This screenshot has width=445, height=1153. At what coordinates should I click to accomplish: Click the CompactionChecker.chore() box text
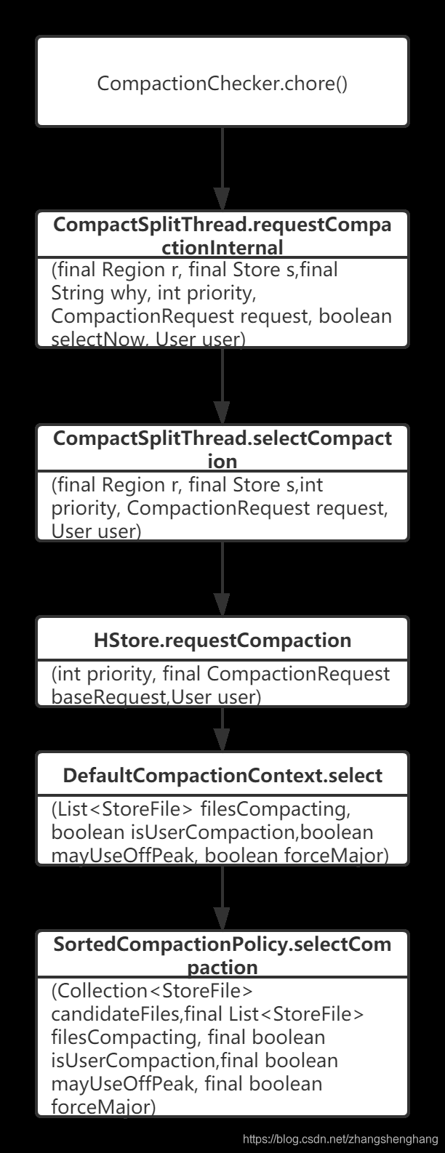click(x=222, y=84)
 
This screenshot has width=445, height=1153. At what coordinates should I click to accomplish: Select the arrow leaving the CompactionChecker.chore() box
click(x=222, y=167)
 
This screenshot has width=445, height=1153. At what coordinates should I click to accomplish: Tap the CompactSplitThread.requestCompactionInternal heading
click(x=222, y=236)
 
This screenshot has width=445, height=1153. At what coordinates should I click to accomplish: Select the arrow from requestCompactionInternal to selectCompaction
click(x=222, y=385)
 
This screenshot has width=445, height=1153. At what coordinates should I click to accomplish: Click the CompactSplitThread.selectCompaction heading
click(x=222, y=449)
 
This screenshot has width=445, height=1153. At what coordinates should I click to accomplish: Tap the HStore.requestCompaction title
click(x=222, y=640)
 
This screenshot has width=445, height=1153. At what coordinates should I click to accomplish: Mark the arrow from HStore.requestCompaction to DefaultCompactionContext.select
click(x=222, y=729)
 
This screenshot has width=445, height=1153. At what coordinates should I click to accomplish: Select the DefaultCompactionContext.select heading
click(x=222, y=775)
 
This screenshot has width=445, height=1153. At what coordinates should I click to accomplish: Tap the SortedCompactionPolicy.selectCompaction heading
click(x=222, y=955)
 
